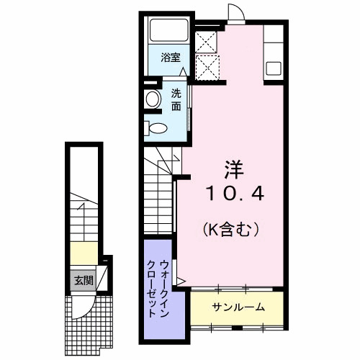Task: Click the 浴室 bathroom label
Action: [x=170, y=57]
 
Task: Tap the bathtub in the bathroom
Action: [x=169, y=30]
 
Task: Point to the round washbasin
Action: [x=153, y=99]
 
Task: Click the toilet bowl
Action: [x=157, y=129]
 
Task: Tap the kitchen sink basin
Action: [x=274, y=69]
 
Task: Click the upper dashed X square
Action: [x=206, y=40]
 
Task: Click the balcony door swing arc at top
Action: [x=236, y=12]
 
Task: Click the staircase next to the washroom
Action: [x=159, y=194]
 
